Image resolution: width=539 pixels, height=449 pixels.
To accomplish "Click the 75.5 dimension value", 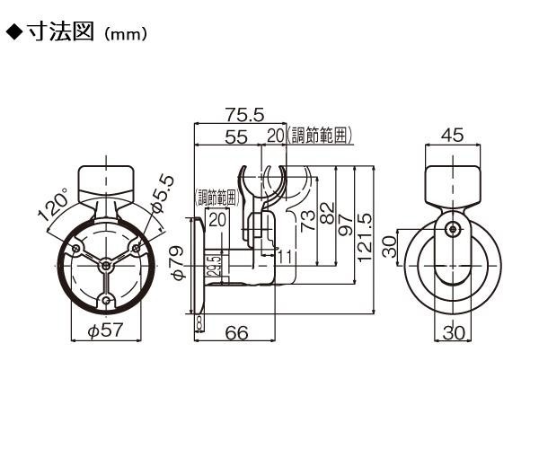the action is (244, 115).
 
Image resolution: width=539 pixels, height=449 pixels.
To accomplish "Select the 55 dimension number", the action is (236, 136).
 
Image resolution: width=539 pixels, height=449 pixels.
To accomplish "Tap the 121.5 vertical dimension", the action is (365, 237).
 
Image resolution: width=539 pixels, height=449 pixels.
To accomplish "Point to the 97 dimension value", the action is (346, 224).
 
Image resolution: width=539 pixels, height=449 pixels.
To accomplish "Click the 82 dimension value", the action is (327, 213).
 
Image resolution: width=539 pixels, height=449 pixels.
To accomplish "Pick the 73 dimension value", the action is (307, 221).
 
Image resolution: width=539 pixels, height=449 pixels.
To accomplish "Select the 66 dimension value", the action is (237, 332).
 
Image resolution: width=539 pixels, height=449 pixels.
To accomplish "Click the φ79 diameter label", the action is (179, 262).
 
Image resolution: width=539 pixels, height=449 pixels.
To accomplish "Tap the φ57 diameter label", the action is (105, 330).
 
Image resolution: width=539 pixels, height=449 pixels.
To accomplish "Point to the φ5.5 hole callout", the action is (163, 193).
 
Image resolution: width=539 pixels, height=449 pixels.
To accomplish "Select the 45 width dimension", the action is (453, 135).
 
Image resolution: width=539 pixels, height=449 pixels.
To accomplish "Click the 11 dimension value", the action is (285, 256).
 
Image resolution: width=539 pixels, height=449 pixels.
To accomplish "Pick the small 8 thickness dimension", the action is (199, 323).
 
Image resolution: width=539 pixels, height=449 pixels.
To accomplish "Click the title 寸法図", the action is (60, 32).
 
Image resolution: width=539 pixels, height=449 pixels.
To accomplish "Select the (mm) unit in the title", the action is (126, 34).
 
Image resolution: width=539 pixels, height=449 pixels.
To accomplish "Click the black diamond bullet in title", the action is (14, 32).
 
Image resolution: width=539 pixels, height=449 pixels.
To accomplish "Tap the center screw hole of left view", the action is (106, 266).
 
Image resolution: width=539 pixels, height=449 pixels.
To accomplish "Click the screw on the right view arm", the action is (453, 229).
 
